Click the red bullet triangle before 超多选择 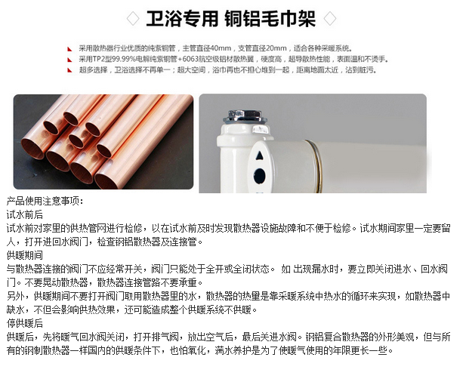(71, 69)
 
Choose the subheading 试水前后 (25, 214)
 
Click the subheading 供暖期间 (25, 256)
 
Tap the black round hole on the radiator (260, 177)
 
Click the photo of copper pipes (102, 141)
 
